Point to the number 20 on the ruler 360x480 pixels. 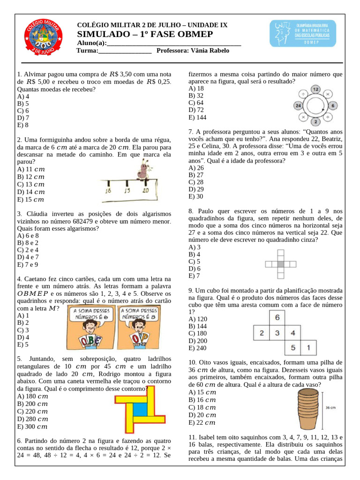click(x=145, y=191)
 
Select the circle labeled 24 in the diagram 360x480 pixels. click(x=298, y=106)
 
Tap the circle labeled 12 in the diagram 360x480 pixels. click(x=315, y=89)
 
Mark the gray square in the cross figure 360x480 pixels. click(x=280, y=264)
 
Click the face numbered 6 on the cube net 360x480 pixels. click(x=277, y=318)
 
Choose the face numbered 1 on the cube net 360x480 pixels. click(x=308, y=348)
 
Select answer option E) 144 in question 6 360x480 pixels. click(x=197, y=117)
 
